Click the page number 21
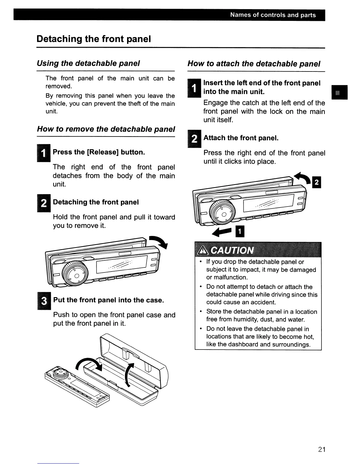coord(321,450)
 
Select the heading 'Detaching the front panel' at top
coord(94,39)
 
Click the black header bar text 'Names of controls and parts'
coord(273,15)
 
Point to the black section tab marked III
coord(339,92)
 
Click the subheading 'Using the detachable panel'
coord(88,63)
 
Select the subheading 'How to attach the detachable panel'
coord(254,64)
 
